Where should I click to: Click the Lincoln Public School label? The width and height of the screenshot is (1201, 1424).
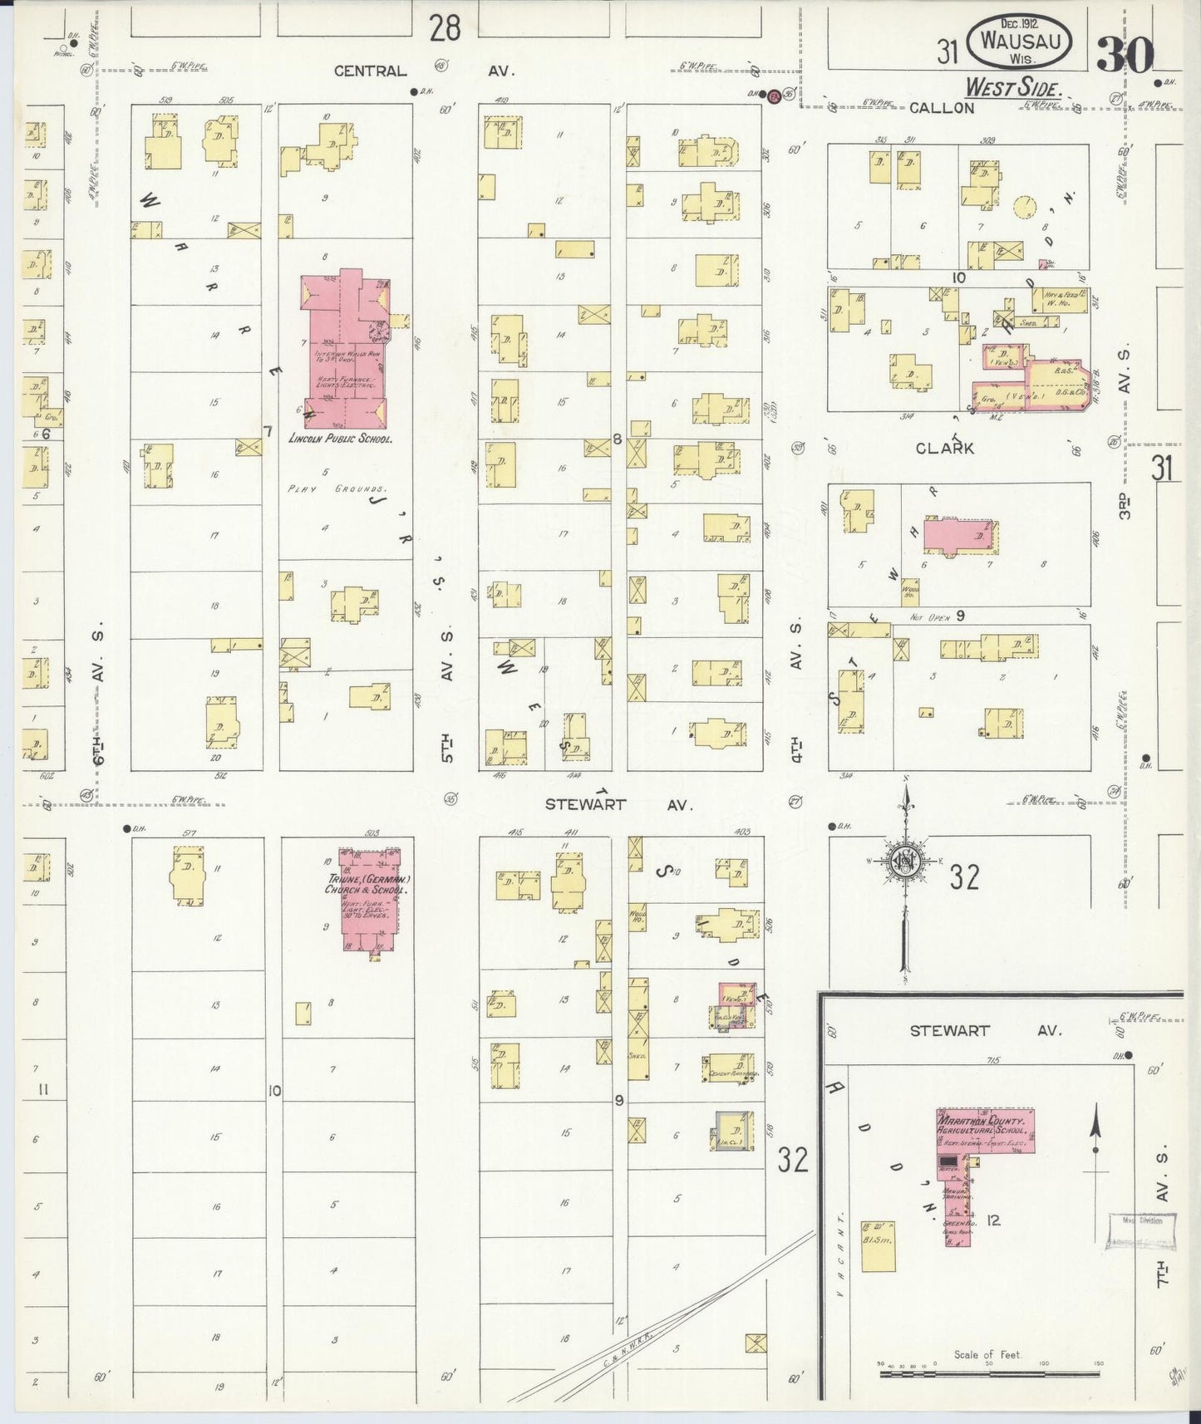(340, 438)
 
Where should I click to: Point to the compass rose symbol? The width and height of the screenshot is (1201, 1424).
(904, 862)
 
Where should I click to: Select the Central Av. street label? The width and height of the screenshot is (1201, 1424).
(424, 71)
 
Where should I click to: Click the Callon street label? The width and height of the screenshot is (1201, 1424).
(941, 108)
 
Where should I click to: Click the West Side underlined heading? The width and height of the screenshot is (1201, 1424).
(1013, 87)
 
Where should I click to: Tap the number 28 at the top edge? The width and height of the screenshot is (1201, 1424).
(445, 29)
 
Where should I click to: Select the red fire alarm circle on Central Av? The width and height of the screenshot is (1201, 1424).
(774, 96)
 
